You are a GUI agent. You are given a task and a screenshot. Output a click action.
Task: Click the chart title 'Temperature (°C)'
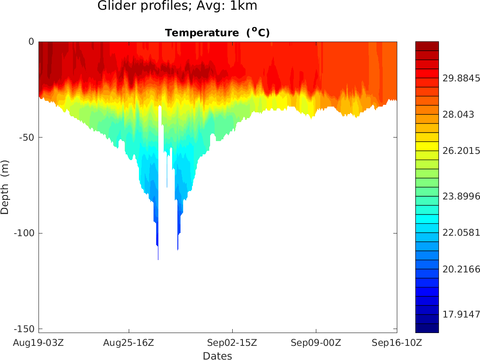217,33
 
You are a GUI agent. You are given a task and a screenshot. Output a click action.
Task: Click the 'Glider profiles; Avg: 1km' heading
177,6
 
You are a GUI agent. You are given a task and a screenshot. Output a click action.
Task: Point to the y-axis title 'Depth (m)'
5,187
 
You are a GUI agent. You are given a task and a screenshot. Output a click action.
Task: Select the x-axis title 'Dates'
217,356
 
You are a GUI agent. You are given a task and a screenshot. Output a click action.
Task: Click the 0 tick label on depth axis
31,42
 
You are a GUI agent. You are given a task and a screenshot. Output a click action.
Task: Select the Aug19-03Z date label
39,342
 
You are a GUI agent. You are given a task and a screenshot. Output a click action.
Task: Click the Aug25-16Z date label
129,342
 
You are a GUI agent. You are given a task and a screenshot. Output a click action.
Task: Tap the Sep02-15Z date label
232,342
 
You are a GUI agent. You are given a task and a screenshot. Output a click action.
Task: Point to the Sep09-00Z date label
316,342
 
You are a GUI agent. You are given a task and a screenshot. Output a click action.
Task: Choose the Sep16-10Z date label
396,342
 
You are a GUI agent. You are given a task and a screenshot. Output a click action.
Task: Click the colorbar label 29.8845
461,78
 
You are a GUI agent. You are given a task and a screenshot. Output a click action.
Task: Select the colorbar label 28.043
458,115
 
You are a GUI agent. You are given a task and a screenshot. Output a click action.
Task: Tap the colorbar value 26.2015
461,151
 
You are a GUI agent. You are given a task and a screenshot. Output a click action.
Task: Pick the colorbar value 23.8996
461,196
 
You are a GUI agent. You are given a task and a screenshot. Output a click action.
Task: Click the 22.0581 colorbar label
461,233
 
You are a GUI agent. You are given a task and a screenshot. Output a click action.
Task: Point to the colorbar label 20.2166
461,269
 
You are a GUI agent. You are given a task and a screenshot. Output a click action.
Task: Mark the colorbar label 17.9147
461,314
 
